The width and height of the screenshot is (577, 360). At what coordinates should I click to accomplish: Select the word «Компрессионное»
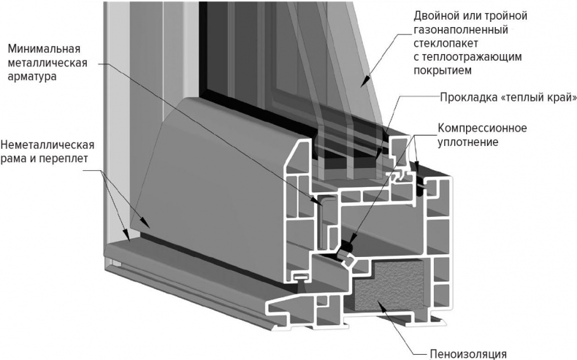coord(482,129)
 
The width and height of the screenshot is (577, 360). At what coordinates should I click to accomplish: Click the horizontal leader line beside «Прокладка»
coord(417,98)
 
